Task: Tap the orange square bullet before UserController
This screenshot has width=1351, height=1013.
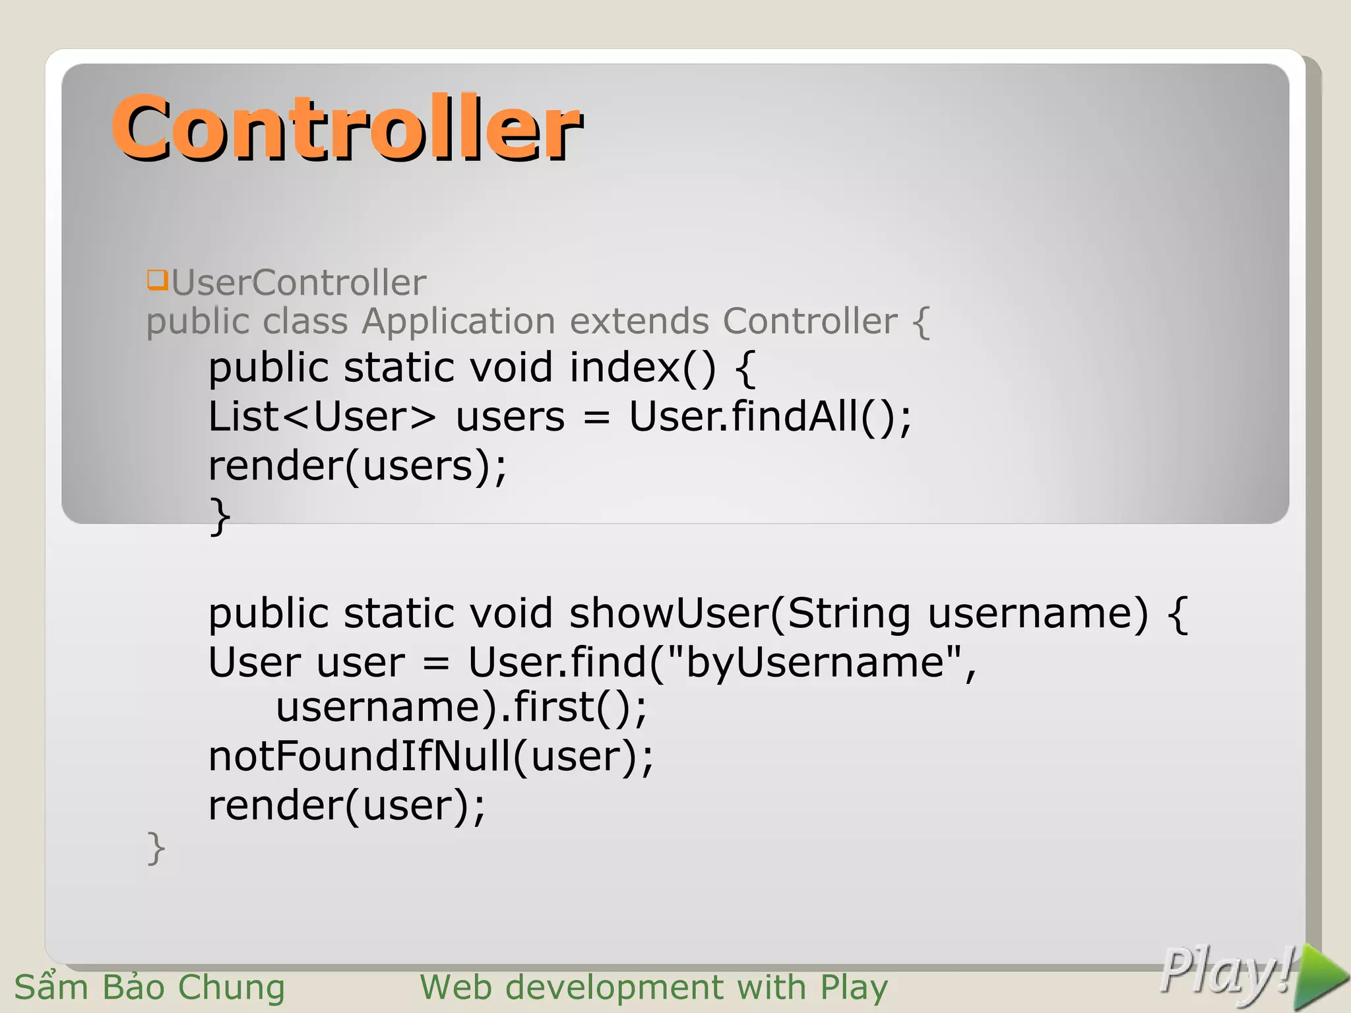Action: click(157, 280)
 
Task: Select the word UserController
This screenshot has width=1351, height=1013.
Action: click(299, 283)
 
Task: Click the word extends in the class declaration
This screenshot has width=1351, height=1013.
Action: click(639, 321)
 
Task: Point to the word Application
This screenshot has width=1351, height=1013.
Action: click(458, 322)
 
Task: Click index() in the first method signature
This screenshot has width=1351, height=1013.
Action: click(642, 367)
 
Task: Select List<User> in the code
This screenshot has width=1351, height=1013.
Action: click(322, 417)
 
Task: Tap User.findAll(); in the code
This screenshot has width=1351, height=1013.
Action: click(770, 417)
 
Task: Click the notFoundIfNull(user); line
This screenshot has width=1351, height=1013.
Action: click(431, 756)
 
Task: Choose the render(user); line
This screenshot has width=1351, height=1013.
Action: click(347, 805)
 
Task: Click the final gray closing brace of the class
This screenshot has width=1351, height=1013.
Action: click(156, 848)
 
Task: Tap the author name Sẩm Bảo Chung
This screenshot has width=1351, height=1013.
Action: click(150, 987)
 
